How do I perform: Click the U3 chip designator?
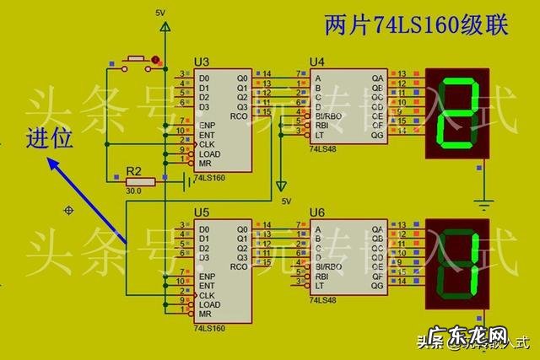pyautogui.click(x=201, y=62)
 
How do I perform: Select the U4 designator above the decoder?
pyautogui.click(x=317, y=62)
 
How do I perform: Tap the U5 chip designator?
pyautogui.click(x=201, y=213)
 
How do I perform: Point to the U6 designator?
pyautogui.click(x=317, y=213)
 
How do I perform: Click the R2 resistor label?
pyautogui.click(x=133, y=171)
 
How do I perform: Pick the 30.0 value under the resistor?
pyautogui.click(x=133, y=191)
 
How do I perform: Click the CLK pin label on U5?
pyautogui.click(x=207, y=295)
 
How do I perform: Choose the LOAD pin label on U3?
pyautogui.click(x=209, y=154)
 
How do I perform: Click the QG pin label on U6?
pyautogui.click(x=377, y=287)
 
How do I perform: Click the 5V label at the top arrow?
pyautogui.click(x=161, y=12)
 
